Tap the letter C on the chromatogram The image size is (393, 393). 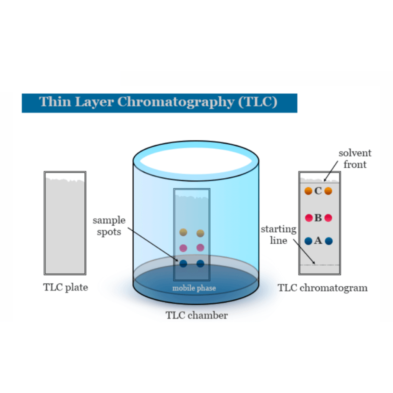click(x=318, y=191)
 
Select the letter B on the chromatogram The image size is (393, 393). click(x=318, y=218)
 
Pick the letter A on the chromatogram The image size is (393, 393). click(x=318, y=241)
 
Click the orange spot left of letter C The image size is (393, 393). click(x=308, y=191)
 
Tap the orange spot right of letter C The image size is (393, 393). click(x=328, y=191)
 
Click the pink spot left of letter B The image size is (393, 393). click(x=309, y=218)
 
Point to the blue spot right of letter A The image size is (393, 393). click(x=329, y=241)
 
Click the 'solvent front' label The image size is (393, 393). click(x=355, y=159)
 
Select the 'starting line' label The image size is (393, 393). click(x=279, y=235)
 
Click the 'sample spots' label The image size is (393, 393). click(x=109, y=226)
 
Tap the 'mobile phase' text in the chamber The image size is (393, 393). click(x=194, y=288)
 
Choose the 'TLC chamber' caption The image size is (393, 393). click(x=196, y=315)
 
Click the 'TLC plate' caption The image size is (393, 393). click(x=65, y=287)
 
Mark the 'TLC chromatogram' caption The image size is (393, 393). click(x=322, y=288)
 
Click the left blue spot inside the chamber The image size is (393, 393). click(x=183, y=264)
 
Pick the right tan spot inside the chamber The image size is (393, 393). click(x=200, y=233)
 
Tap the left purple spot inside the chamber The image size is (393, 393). click(x=183, y=248)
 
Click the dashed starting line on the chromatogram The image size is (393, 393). click(x=319, y=265)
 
